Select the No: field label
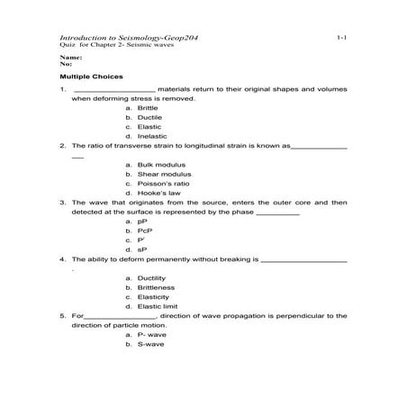[66, 64]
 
